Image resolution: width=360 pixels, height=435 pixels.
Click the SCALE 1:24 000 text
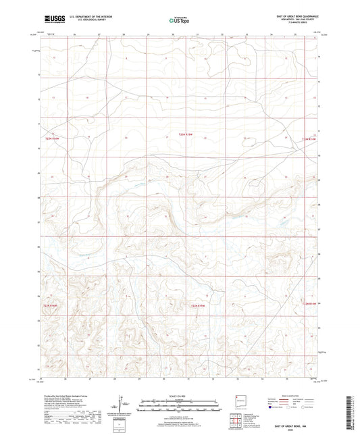180,395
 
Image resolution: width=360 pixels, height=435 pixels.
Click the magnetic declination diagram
122,405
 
